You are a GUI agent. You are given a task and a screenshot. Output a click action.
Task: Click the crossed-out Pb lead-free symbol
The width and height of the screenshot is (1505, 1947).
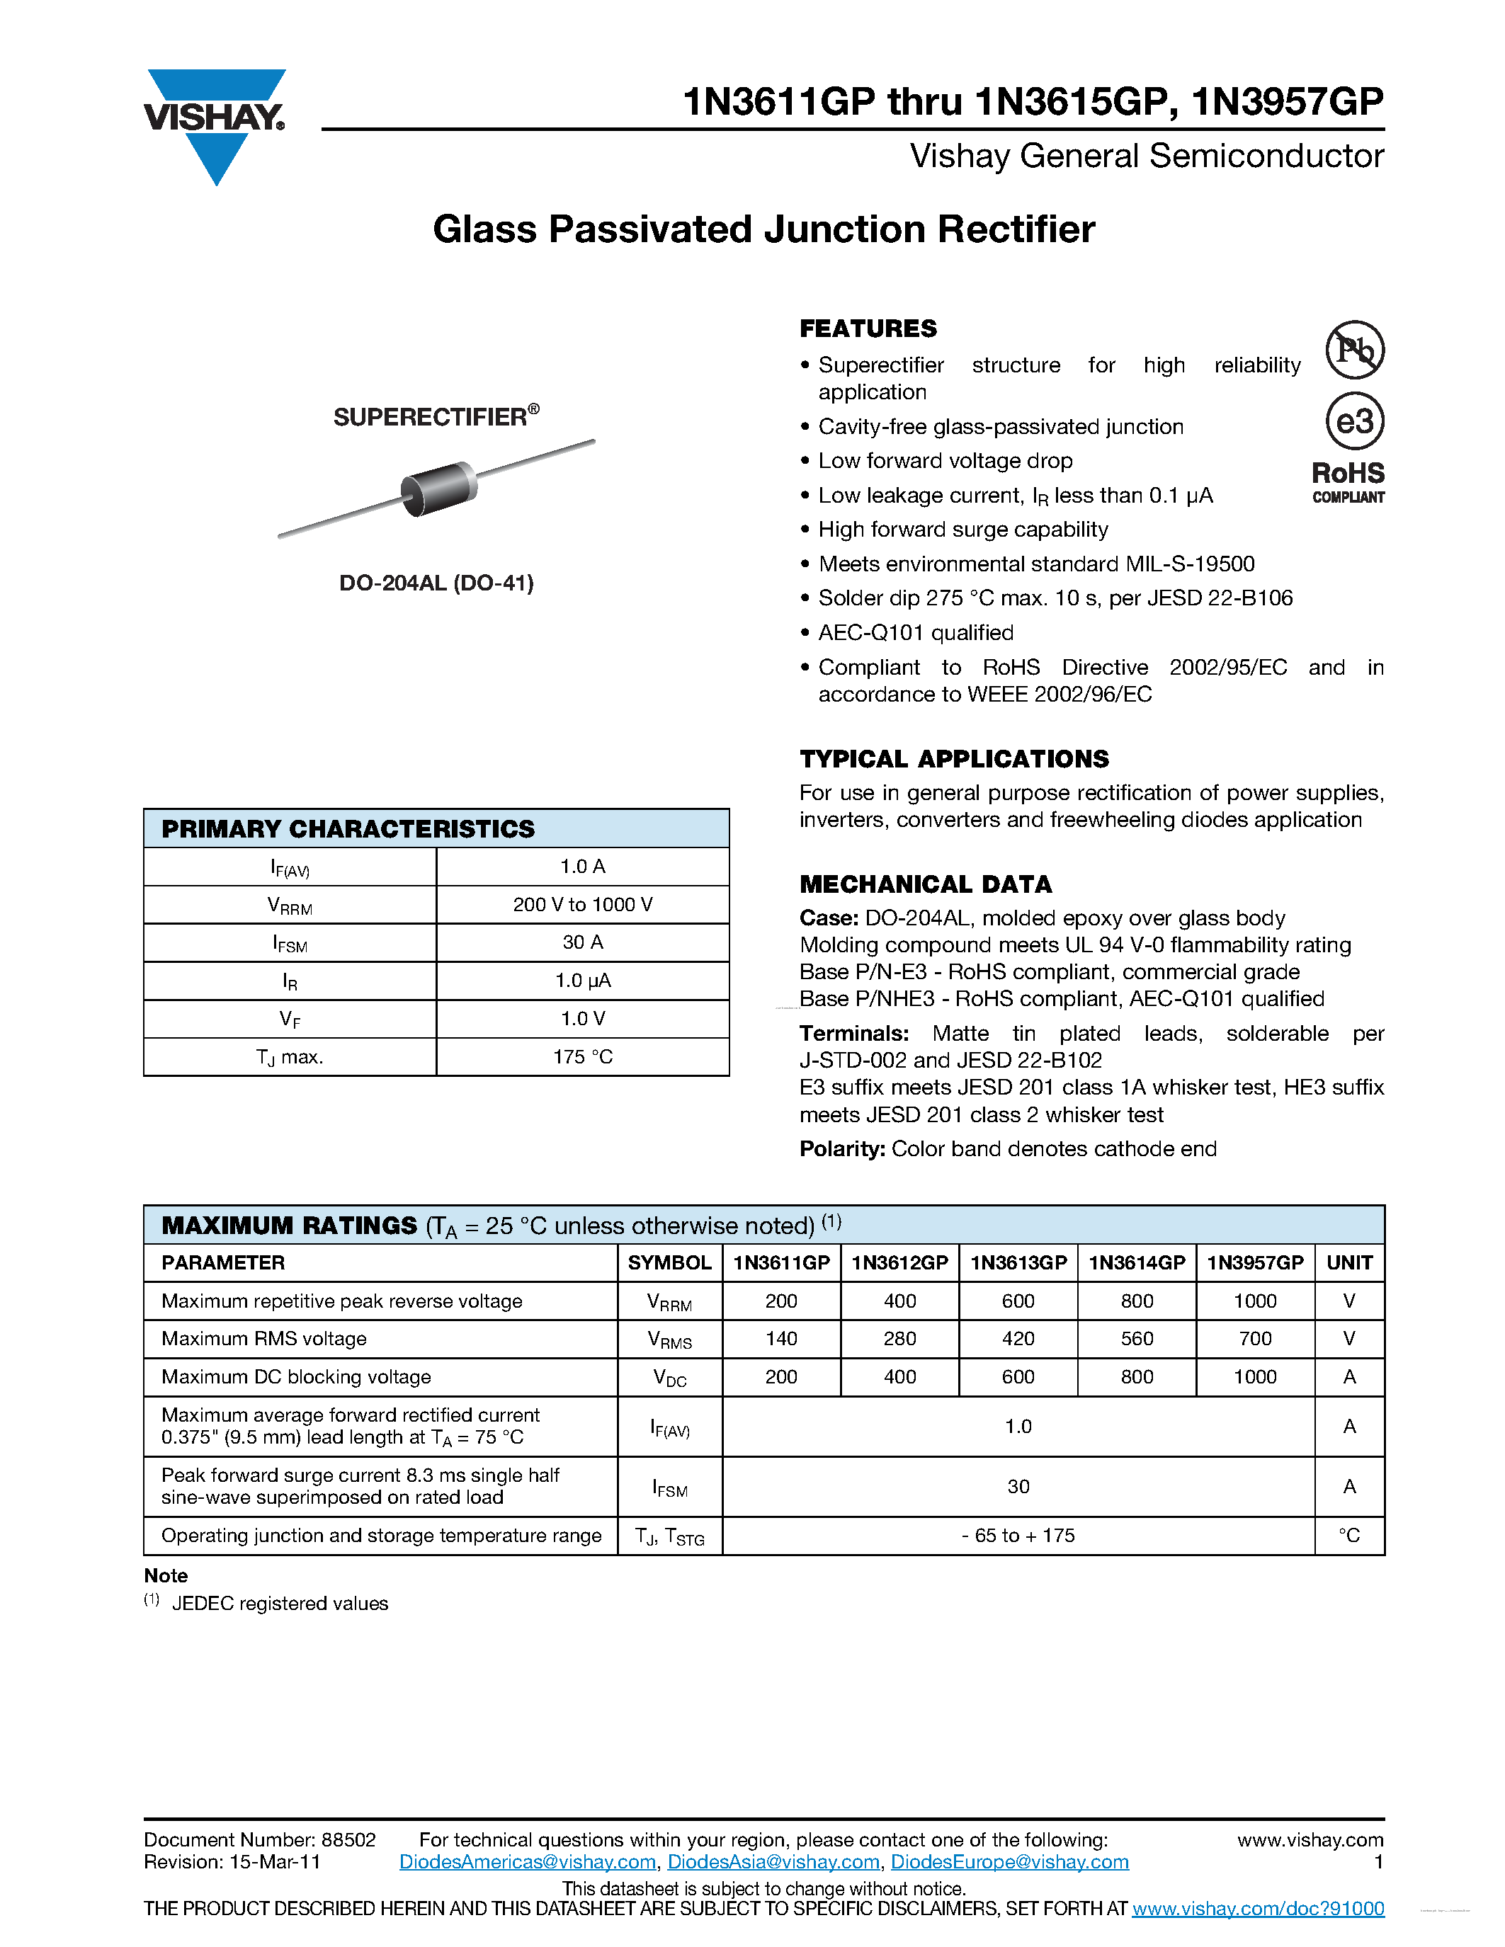(x=1353, y=350)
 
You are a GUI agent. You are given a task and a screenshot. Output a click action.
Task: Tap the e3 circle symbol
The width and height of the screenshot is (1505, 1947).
(x=1353, y=421)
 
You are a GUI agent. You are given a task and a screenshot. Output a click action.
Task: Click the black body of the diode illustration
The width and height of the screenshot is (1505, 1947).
(x=438, y=489)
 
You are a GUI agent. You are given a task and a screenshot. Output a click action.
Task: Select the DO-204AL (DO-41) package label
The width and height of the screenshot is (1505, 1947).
(x=436, y=583)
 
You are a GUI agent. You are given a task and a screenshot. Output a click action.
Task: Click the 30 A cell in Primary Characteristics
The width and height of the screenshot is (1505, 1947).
(x=582, y=942)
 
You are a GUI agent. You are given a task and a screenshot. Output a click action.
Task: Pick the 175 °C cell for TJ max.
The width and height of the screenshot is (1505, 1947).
(x=582, y=1056)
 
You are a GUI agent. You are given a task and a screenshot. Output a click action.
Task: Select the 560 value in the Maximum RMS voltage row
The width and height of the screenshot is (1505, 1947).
(x=1136, y=1338)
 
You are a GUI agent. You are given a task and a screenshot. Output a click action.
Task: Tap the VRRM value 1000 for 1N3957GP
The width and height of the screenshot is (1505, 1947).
(x=1254, y=1301)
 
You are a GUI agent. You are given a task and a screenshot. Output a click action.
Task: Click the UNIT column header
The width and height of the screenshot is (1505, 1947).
(x=1349, y=1262)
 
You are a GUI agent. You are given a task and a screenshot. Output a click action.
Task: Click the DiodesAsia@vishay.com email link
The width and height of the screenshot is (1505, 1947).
(x=773, y=1861)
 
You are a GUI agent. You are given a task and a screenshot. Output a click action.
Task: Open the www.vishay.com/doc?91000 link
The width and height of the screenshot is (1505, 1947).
(x=1257, y=1908)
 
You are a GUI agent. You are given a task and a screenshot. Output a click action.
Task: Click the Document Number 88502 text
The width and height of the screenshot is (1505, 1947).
(x=259, y=1839)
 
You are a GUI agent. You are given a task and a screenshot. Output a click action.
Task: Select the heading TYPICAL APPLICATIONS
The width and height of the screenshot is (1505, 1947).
(x=953, y=759)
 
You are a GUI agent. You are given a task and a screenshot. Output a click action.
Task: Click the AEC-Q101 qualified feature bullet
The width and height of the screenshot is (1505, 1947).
(x=915, y=633)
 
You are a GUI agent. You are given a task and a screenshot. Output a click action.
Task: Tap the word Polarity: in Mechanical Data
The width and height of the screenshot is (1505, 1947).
(x=841, y=1148)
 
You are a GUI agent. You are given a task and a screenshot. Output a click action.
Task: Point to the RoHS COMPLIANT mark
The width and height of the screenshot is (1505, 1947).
(x=1347, y=482)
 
